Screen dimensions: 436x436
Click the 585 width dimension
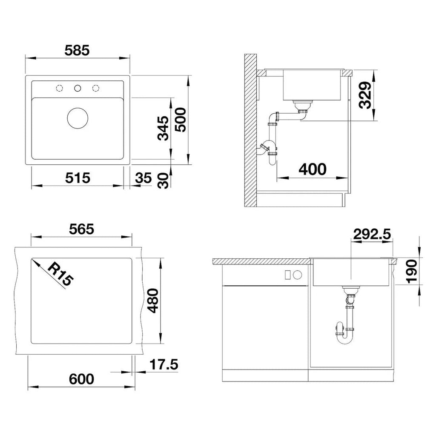coord(77,50)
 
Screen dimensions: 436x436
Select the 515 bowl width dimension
coord(77,178)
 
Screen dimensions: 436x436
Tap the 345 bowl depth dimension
coord(163,128)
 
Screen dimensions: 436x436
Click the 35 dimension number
coord(143,178)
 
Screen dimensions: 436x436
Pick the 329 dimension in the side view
coord(365,95)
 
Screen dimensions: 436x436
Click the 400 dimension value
coord(313,169)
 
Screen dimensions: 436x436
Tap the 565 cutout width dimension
coord(81,229)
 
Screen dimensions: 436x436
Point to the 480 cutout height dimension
coord(153,301)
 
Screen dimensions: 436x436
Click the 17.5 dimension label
coord(164,364)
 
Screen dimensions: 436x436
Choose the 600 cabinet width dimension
coord(81,379)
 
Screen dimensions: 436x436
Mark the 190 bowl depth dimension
coord(412,271)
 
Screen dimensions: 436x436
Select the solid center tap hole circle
coord(77,89)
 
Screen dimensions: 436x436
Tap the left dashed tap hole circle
coord(60,89)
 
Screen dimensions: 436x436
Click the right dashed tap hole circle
coord(96,89)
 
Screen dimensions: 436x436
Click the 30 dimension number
coord(163,181)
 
